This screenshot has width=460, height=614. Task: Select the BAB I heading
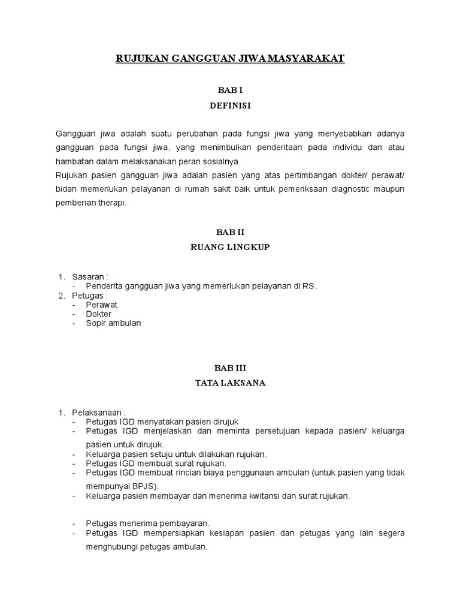(230, 90)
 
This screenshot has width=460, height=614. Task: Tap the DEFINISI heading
(230, 106)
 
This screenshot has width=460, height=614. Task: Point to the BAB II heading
(230, 231)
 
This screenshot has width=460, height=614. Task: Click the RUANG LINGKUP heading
(230, 246)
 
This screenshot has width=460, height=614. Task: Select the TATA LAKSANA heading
(230, 383)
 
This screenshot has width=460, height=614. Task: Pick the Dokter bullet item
(99, 314)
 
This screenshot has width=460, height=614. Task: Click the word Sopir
(96, 323)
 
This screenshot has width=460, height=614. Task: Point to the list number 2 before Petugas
(61, 296)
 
